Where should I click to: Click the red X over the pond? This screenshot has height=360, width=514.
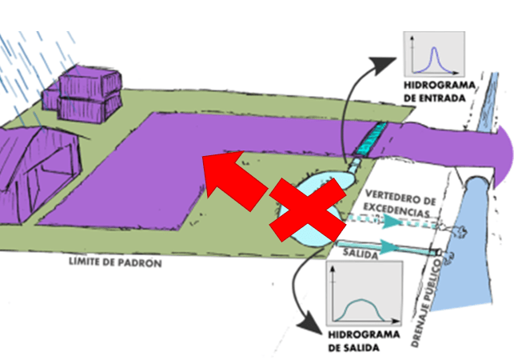(x=308, y=210)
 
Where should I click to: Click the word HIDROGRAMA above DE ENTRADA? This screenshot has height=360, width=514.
(x=440, y=86)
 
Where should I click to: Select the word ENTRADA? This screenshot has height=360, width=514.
(x=447, y=98)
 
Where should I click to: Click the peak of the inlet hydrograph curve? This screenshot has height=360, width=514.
(x=434, y=48)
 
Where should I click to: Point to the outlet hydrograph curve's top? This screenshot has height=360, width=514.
(x=361, y=300)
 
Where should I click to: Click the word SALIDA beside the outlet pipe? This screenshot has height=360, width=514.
(x=361, y=254)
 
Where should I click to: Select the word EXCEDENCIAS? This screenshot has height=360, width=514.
(x=396, y=210)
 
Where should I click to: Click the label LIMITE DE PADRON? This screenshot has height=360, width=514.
(x=115, y=262)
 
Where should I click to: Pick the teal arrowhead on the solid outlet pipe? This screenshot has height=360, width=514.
(x=388, y=246)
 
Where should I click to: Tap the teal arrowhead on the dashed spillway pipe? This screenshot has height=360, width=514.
(x=391, y=222)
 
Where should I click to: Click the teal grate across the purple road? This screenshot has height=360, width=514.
(x=370, y=139)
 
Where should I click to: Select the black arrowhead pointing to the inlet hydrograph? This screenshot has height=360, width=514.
(x=383, y=65)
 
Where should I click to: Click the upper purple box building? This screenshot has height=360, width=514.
(x=90, y=82)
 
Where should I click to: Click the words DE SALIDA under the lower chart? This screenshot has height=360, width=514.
(x=353, y=347)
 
